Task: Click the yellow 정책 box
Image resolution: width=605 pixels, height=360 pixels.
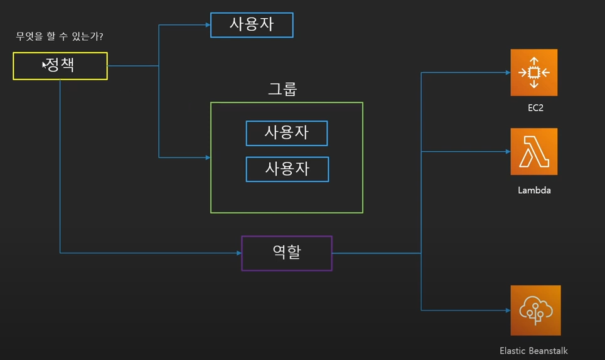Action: (60, 66)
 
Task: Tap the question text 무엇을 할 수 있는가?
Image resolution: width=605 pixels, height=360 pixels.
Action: (60, 37)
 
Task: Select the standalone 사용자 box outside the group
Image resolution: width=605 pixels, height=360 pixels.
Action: (252, 25)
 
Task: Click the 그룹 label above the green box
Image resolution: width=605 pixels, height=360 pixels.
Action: (282, 88)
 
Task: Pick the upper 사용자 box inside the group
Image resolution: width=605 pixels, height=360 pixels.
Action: (287, 133)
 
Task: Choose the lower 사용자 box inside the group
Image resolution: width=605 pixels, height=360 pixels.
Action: (287, 169)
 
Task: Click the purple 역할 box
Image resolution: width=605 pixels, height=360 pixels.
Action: (287, 253)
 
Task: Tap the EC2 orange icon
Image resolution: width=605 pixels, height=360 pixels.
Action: (533, 73)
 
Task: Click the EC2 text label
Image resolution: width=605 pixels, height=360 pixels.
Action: (535, 108)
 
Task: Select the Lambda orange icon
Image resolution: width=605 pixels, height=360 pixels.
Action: (533, 152)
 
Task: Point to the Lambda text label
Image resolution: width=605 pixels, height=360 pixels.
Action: (534, 190)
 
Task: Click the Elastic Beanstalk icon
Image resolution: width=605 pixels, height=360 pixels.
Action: (535, 310)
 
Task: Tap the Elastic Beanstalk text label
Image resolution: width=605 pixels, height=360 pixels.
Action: (533, 351)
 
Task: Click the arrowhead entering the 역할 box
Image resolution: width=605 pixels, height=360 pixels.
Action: (238, 253)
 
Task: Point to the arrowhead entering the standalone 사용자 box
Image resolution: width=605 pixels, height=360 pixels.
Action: (207, 25)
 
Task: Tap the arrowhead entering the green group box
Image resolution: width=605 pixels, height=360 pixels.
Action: (207, 157)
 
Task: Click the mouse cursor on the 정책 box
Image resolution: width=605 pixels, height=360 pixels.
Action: (45, 65)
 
